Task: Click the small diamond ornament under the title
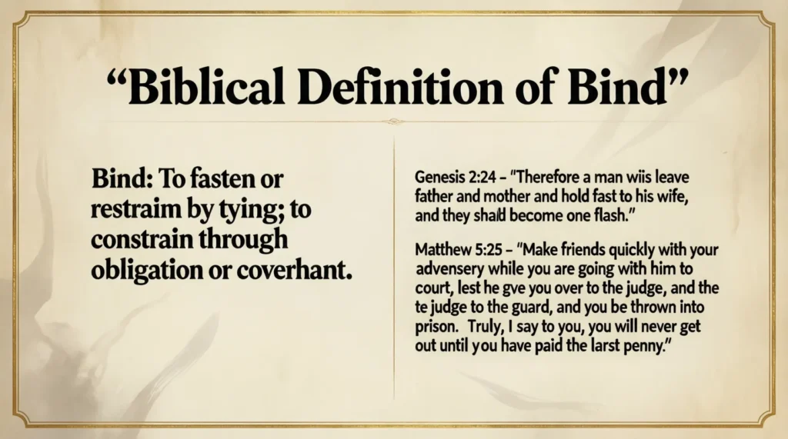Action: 394,121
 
